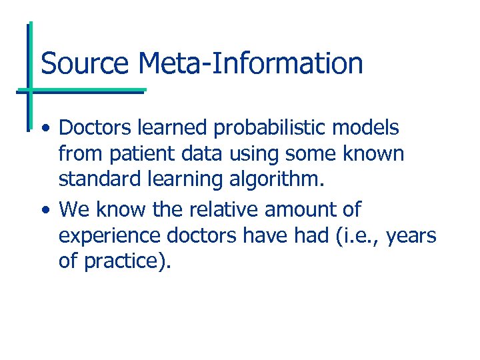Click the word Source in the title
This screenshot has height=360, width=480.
coord(85,63)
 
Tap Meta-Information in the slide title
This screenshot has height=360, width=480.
coord(251,63)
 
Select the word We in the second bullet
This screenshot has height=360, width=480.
coord(73,209)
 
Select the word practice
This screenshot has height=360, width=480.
coord(127,261)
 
